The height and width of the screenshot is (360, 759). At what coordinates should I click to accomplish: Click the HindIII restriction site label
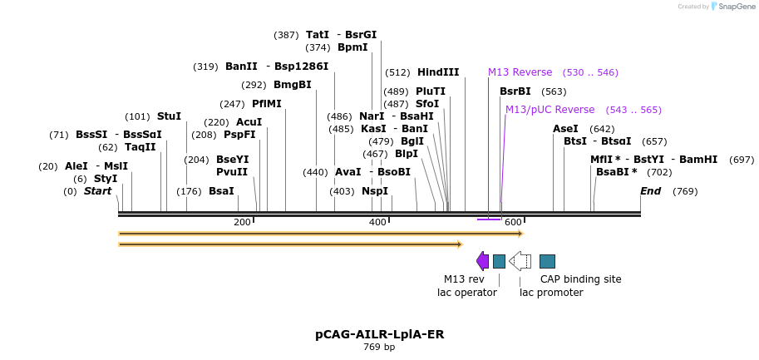pyautogui.click(x=437, y=72)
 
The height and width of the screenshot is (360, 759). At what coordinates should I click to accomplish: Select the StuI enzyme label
pyautogui.click(x=169, y=116)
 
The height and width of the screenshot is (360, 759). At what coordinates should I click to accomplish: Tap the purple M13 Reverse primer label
pyautogui.click(x=520, y=72)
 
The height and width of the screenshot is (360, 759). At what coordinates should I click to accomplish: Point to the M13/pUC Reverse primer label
pyautogui.click(x=550, y=110)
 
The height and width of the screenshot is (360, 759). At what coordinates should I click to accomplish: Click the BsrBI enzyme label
pyautogui.click(x=515, y=91)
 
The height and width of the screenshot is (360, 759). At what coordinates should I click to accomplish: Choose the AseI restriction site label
pyautogui.click(x=565, y=129)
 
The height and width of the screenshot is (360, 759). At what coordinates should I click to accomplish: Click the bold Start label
pyautogui.click(x=97, y=191)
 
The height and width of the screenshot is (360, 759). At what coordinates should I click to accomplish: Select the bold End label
pyautogui.click(x=650, y=191)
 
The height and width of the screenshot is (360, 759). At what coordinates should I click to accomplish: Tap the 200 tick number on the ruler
pyautogui.click(x=242, y=222)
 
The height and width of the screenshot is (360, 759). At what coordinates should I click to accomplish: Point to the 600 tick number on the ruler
pyautogui.click(x=513, y=222)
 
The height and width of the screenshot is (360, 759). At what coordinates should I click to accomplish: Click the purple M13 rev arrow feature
pyautogui.click(x=482, y=261)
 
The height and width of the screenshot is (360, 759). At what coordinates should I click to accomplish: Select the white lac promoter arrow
pyautogui.click(x=520, y=261)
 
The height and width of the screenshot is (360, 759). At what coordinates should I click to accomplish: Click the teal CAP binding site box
pyautogui.click(x=547, y=261)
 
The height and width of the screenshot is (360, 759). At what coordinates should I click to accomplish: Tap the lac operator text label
pyautogui.click(x=467, y=292)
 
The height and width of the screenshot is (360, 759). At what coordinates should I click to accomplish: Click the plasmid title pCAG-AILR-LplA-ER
pyautogui.click(x=379, y=334)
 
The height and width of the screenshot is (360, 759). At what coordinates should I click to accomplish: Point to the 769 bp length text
pyautogui.click(x=379, y=347)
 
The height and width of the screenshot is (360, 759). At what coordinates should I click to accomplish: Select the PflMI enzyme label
pyautogui.click(x=267, y=104)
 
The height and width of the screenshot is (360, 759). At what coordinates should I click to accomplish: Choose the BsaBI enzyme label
pyautogui.click(x=616, y=172)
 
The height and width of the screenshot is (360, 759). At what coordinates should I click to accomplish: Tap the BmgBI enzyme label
pyautogui.click(x=292, y=85)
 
